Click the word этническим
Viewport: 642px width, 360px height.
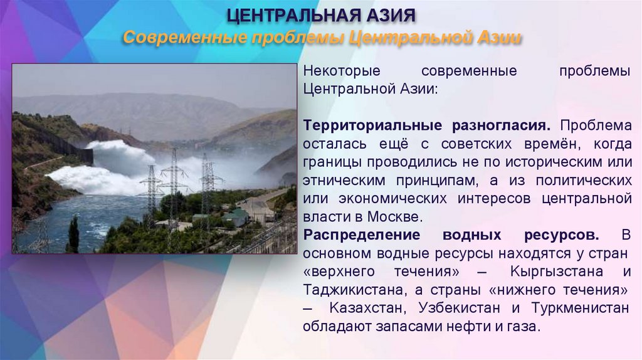pos(339,181)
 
